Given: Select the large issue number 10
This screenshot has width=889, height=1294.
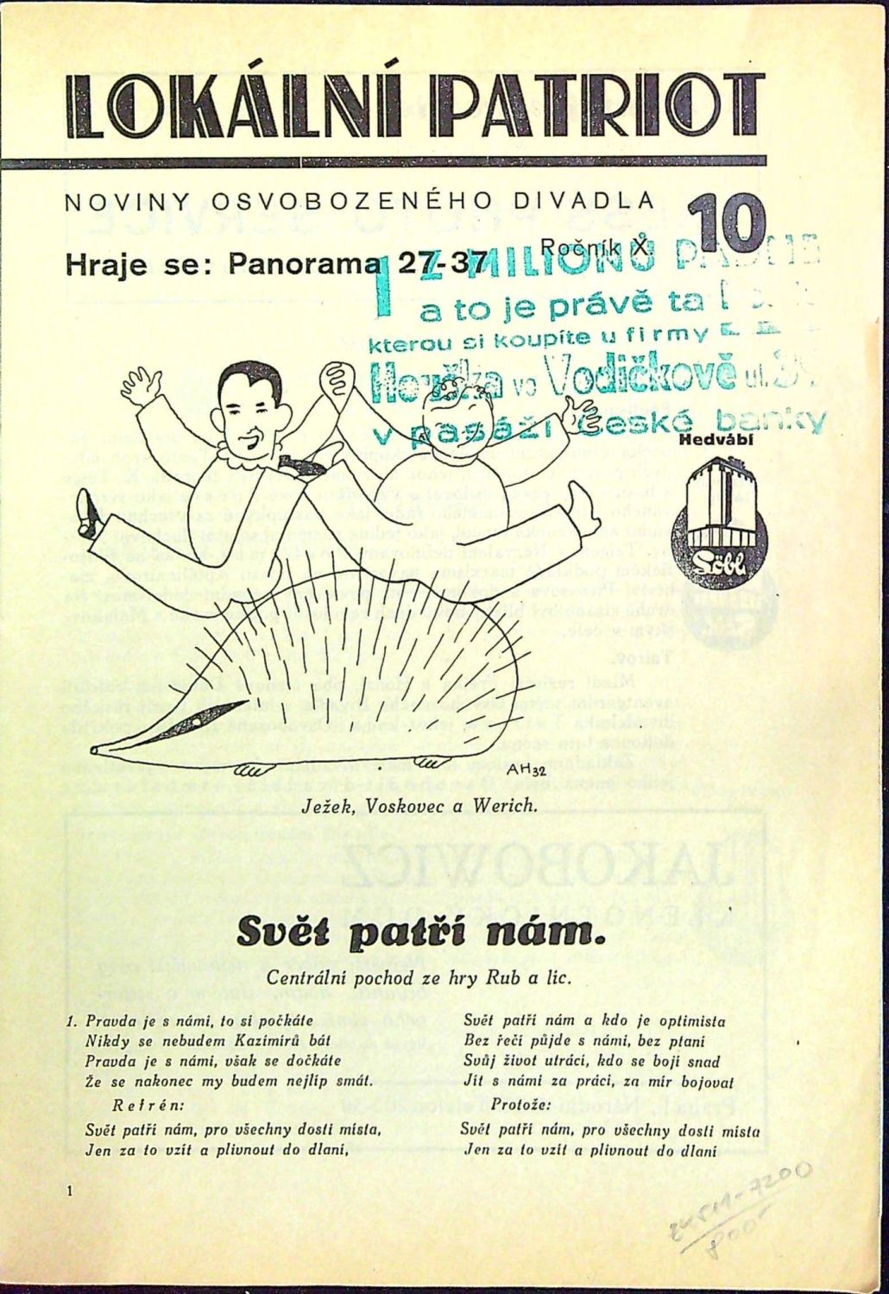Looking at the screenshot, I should coord(727,223).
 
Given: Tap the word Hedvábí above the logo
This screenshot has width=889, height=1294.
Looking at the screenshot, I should coord(717,439).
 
